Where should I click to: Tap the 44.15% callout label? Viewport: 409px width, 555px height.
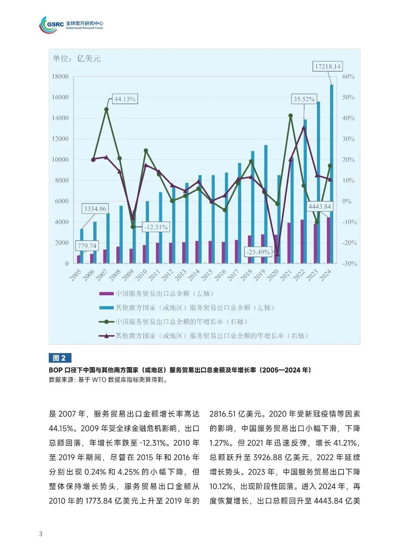(x=125, y=99)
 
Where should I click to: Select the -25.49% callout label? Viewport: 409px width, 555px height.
(x=258, y=252)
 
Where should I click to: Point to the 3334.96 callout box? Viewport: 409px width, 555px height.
(x=95, y=209)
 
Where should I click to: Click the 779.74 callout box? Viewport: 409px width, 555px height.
(x=87, y=246)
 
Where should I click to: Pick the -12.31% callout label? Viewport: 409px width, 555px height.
(x=156, y=227)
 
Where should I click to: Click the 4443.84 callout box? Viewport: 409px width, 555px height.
(x=320, y=207)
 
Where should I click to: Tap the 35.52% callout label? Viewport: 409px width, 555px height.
(x=304, y=99)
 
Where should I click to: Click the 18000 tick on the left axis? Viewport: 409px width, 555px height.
(x=60, y=76)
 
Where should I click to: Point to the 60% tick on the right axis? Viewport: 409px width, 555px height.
(x=348, y=76)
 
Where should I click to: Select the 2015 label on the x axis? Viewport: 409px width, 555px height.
(x=207, y=275)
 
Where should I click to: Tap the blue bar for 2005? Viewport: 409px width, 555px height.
(x=81, y=246)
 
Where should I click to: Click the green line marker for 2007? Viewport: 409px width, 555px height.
(x=106, y=110)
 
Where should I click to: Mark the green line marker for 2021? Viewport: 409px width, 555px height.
(x=290, y=116)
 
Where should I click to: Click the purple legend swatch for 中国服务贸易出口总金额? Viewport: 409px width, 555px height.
(x=106, y=293)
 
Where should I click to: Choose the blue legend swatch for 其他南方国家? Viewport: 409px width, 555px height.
(x=106, y=308)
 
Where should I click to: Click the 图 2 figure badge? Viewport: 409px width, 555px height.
(x=60, y=358)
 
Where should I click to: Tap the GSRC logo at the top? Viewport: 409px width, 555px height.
(x=71, y=25)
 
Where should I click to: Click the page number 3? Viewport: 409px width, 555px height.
(x=41, y=534)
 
